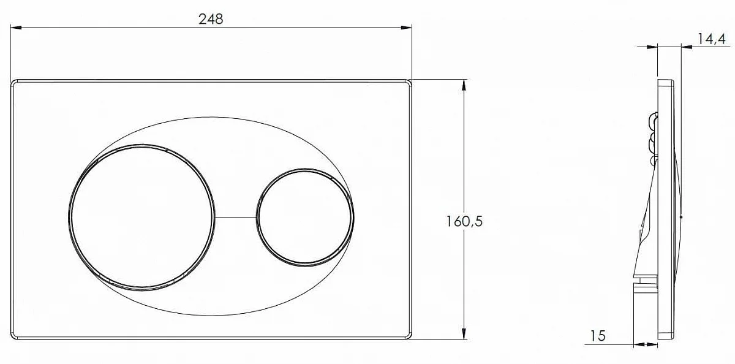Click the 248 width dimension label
click(211, 19)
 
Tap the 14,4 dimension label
click(711, 39)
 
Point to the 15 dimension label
click(598, 335)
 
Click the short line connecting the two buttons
click(236, 218)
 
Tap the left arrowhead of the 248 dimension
click(16, 28)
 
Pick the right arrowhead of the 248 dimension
click(406, 28)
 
